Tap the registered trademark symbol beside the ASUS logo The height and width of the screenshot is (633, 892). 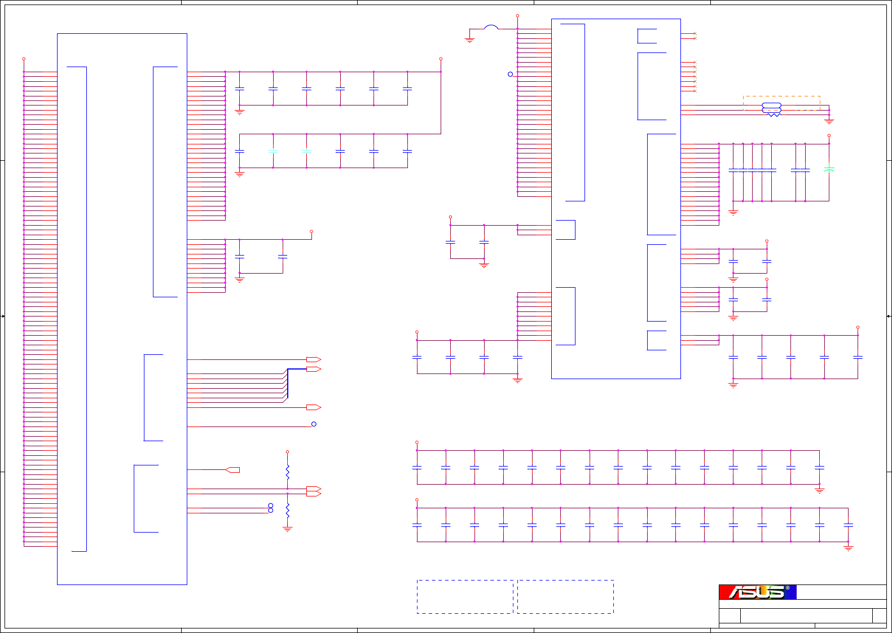pos(788,588)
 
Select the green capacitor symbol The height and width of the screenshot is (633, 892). pos(829,169)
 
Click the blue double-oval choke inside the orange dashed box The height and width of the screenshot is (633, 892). pos(771,108)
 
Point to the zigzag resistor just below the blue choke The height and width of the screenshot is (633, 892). pos(774,115)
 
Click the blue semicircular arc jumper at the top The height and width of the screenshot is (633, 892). pos(491,27)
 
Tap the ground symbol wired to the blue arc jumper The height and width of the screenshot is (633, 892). pos(469,39)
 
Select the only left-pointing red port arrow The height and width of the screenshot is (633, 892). pos(232,469)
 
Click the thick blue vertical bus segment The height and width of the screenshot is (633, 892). pos(288,384)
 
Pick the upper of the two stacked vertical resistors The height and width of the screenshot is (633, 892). pos(287,472)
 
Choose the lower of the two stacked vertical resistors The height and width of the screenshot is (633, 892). pos(287,510)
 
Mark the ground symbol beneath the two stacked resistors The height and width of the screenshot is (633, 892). pos(287,529)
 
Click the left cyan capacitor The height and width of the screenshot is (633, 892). pos(273,151)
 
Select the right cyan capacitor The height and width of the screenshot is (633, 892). pos(306,151)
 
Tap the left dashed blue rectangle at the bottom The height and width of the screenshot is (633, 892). pos(465,596)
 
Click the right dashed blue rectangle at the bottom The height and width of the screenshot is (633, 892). pos(565,596)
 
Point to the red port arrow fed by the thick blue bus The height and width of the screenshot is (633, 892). pos(314,369)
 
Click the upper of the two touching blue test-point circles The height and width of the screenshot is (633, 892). pos(271,505)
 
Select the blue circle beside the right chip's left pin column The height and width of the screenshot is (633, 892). pos(510,74)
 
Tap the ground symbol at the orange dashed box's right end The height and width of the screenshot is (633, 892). pos(829,121)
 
